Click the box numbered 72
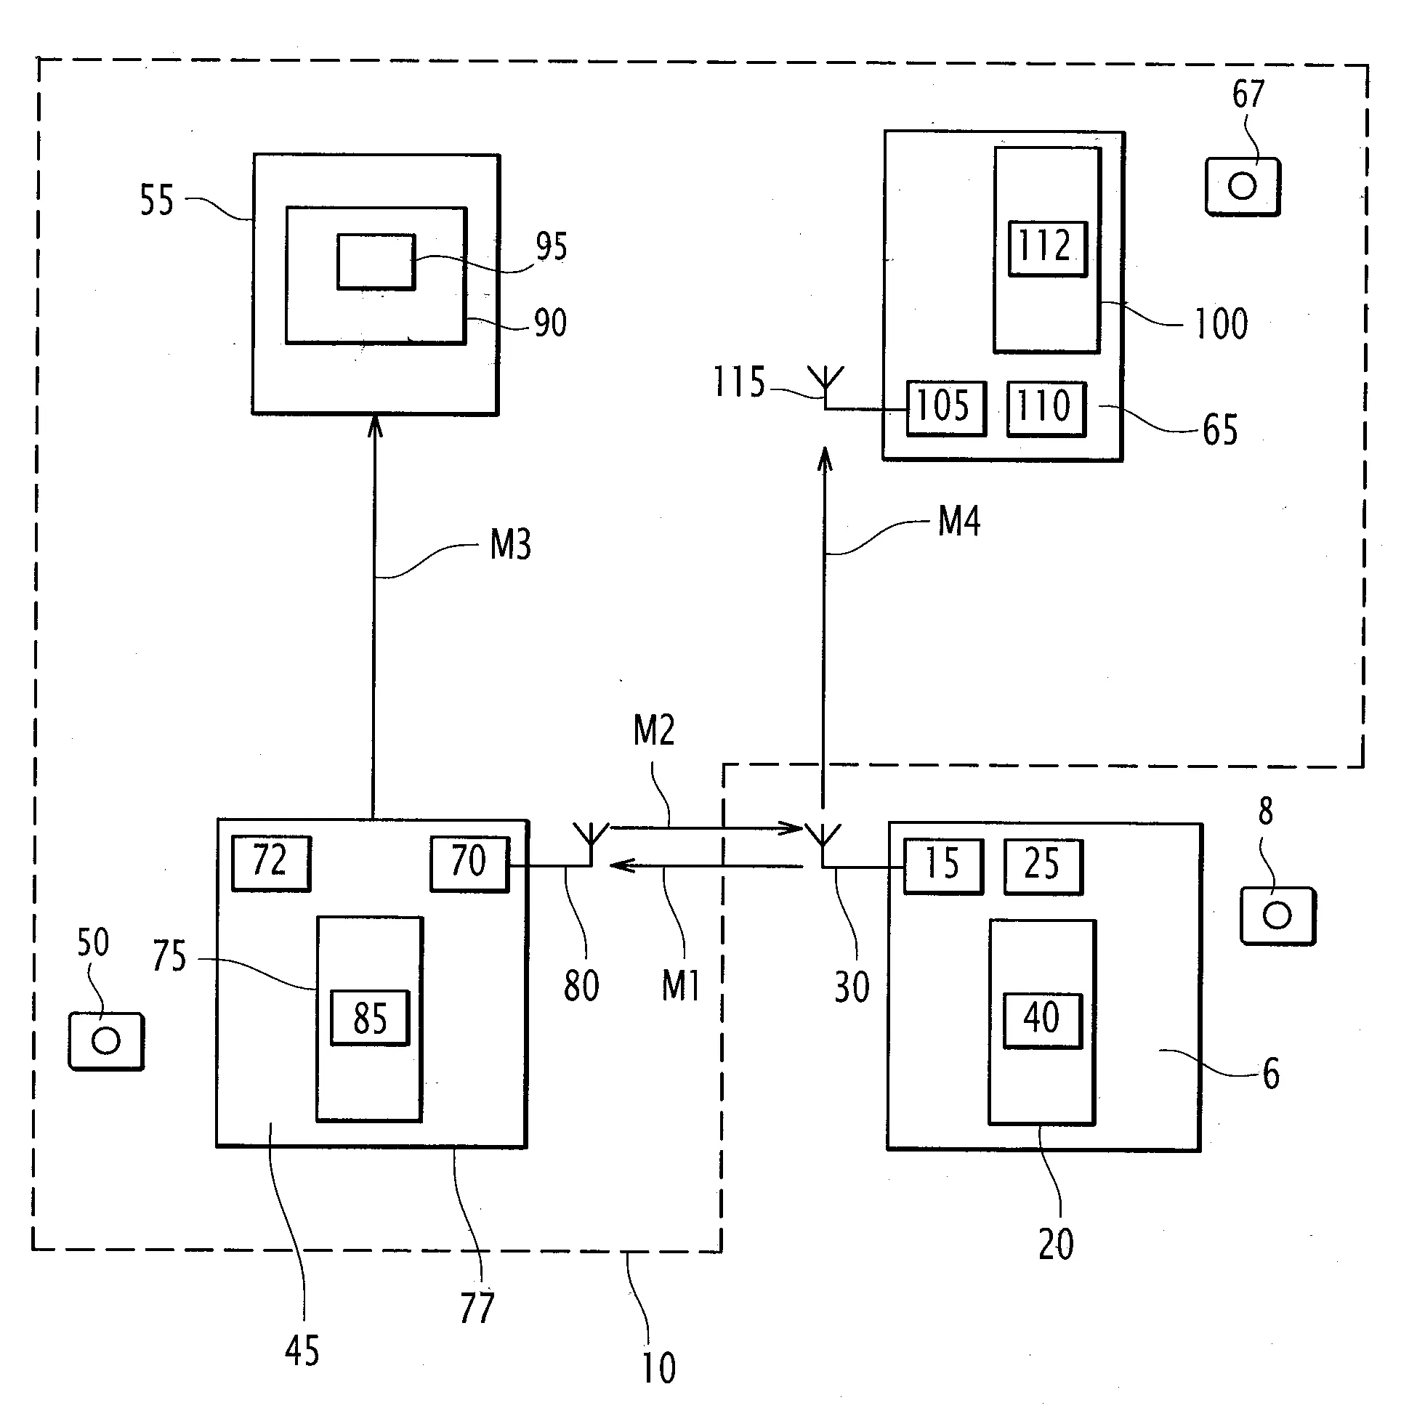point(270,863)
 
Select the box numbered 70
point(469,864)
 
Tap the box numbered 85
point(370,1017)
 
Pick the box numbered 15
point(942,866)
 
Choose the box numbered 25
point(1042,866)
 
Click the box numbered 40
point(1042,1020)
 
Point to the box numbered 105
point(945,408)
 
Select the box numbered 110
point(1046,408)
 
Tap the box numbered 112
point(1047,248)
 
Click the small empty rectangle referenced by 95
point(376,262)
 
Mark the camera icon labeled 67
point(1243,186)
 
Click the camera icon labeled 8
point(1277,915)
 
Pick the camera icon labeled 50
point(106,1040)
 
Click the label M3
point(510,545)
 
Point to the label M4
point(959,522)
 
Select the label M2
point(653,730)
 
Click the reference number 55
point(157,200)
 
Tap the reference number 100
point(1222,323)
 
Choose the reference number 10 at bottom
point(658,1367)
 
